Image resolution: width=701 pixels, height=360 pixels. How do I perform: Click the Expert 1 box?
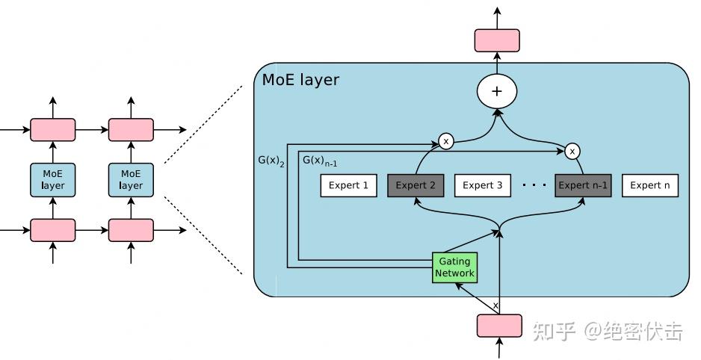349,185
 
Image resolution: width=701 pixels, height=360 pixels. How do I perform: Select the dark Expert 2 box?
416,185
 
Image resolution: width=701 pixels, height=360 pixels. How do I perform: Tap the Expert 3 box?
483,185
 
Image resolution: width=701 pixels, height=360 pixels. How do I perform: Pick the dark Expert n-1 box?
583,185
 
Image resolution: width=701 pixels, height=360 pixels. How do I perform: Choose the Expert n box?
650,185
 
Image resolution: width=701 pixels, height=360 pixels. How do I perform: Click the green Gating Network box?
454,267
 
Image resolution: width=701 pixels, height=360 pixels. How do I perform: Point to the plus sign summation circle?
497,92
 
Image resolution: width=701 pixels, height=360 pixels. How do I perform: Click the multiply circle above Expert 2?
446,140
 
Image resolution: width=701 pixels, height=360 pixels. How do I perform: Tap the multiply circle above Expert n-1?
572,151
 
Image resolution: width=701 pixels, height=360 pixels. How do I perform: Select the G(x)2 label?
271,161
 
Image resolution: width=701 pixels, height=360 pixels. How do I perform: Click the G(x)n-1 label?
320,161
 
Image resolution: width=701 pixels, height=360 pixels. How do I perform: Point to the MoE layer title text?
300,79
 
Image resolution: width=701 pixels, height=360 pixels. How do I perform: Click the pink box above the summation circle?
497,40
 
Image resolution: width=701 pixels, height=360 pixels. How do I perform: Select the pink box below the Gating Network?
499,326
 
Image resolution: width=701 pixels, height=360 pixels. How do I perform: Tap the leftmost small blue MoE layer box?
52,180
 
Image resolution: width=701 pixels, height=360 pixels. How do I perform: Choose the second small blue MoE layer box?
131,180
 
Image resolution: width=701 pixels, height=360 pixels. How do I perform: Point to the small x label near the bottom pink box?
495,305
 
